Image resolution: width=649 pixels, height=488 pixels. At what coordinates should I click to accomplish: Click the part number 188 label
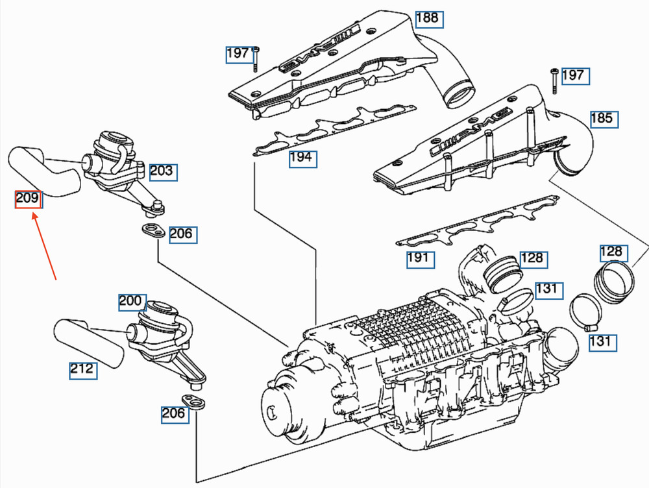(x=429, y=19)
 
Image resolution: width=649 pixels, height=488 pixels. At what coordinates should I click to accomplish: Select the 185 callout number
(x=604, y=119)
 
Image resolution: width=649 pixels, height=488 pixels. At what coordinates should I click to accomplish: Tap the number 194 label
(x=303, y=159)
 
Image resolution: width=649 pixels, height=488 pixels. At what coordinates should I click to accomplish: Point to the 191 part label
(x=420, y=260)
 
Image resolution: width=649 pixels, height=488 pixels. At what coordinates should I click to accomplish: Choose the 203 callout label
(x=163, y=172)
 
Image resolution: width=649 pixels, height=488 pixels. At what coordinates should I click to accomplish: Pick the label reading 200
(x=132, y=302)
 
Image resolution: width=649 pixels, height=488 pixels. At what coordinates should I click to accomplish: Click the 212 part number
(x=83, y=371)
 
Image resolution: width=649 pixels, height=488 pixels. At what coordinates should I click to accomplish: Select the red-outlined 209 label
(x=29, y=199)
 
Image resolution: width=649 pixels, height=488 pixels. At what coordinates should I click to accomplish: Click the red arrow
(x=44, y=246)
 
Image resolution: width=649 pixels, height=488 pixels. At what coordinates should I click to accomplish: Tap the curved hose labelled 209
(x=43, y=171)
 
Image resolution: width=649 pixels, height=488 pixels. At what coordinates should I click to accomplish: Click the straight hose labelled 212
(x=89, y=343)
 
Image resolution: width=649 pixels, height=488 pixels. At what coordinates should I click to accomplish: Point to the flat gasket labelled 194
(x=334, y=130)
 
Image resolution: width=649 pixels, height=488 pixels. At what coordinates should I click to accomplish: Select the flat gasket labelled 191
(x=477, y=221)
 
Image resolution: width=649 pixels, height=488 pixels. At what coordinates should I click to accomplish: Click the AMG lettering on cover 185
(x=469, y=132)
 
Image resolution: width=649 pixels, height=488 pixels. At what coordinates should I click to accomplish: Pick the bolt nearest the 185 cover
(x=554, y=80)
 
